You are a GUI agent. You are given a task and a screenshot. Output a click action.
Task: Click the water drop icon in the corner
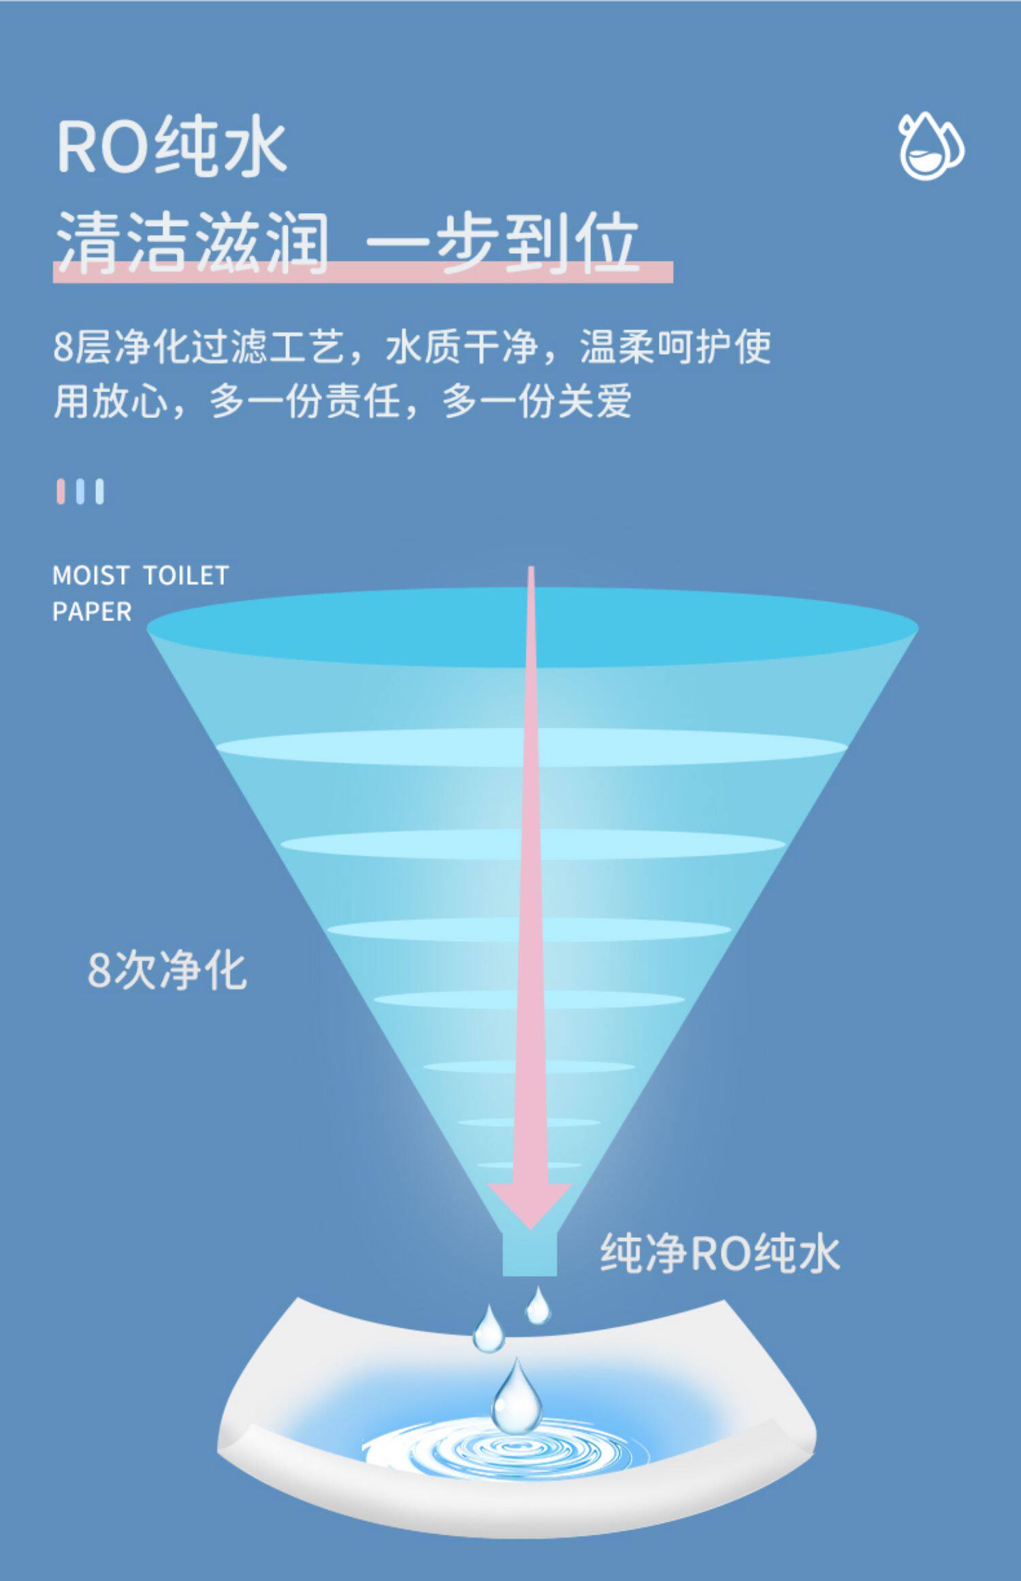click(930, 146)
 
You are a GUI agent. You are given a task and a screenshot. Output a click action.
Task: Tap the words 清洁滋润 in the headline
click(192, 242)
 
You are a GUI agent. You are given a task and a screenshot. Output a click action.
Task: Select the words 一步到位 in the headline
click(502, 242)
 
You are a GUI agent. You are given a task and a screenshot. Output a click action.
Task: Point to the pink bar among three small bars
click(61, 491)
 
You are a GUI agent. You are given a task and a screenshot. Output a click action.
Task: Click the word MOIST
click(91, 576)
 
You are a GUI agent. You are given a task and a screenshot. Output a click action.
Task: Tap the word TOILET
click(185, 576)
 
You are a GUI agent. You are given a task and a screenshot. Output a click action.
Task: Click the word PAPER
click(92, 612)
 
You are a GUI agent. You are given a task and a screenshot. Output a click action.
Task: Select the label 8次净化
click(167, 970)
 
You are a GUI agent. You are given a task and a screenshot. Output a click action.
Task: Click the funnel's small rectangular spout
click(530, 1254)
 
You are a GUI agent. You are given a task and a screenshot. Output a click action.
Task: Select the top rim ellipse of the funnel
click(532, 626)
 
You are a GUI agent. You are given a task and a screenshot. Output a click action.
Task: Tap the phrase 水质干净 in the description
click(461, 347)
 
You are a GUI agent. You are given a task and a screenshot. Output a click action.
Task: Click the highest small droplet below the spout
click(538, 1305)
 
